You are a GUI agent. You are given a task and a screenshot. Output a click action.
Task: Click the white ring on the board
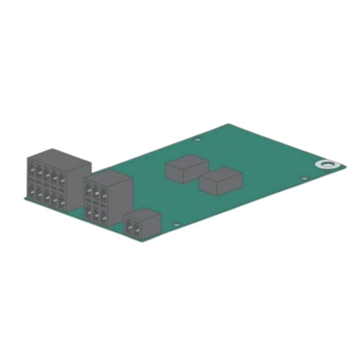[325, 164]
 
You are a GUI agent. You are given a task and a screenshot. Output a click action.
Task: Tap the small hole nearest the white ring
[304, 178]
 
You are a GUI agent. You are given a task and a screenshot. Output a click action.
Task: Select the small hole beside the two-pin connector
[176, 224]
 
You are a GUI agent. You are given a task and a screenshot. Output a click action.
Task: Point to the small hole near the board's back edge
[197, 139]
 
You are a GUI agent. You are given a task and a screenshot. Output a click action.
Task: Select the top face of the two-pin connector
[144, 213]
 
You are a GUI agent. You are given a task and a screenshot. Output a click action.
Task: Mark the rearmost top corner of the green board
[229, 124]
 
